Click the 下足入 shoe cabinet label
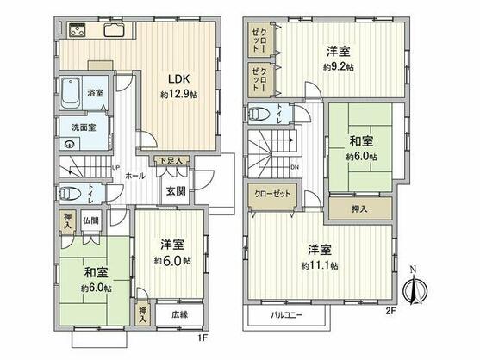pyautogui.click(x=169, y=160)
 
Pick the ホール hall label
pyautogui.click(x=136, y=175)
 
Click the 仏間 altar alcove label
pyautogui.click(x=90, y=220)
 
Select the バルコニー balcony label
pyautogui.click(x=282, y=315)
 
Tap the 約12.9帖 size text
pyautogui.click(x=178, y=94)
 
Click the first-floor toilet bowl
pyautogui.click(x=72, y=194)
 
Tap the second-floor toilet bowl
pyautogui.click(x=258, y=113)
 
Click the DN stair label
pyautogui.click(x=296, y=168)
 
